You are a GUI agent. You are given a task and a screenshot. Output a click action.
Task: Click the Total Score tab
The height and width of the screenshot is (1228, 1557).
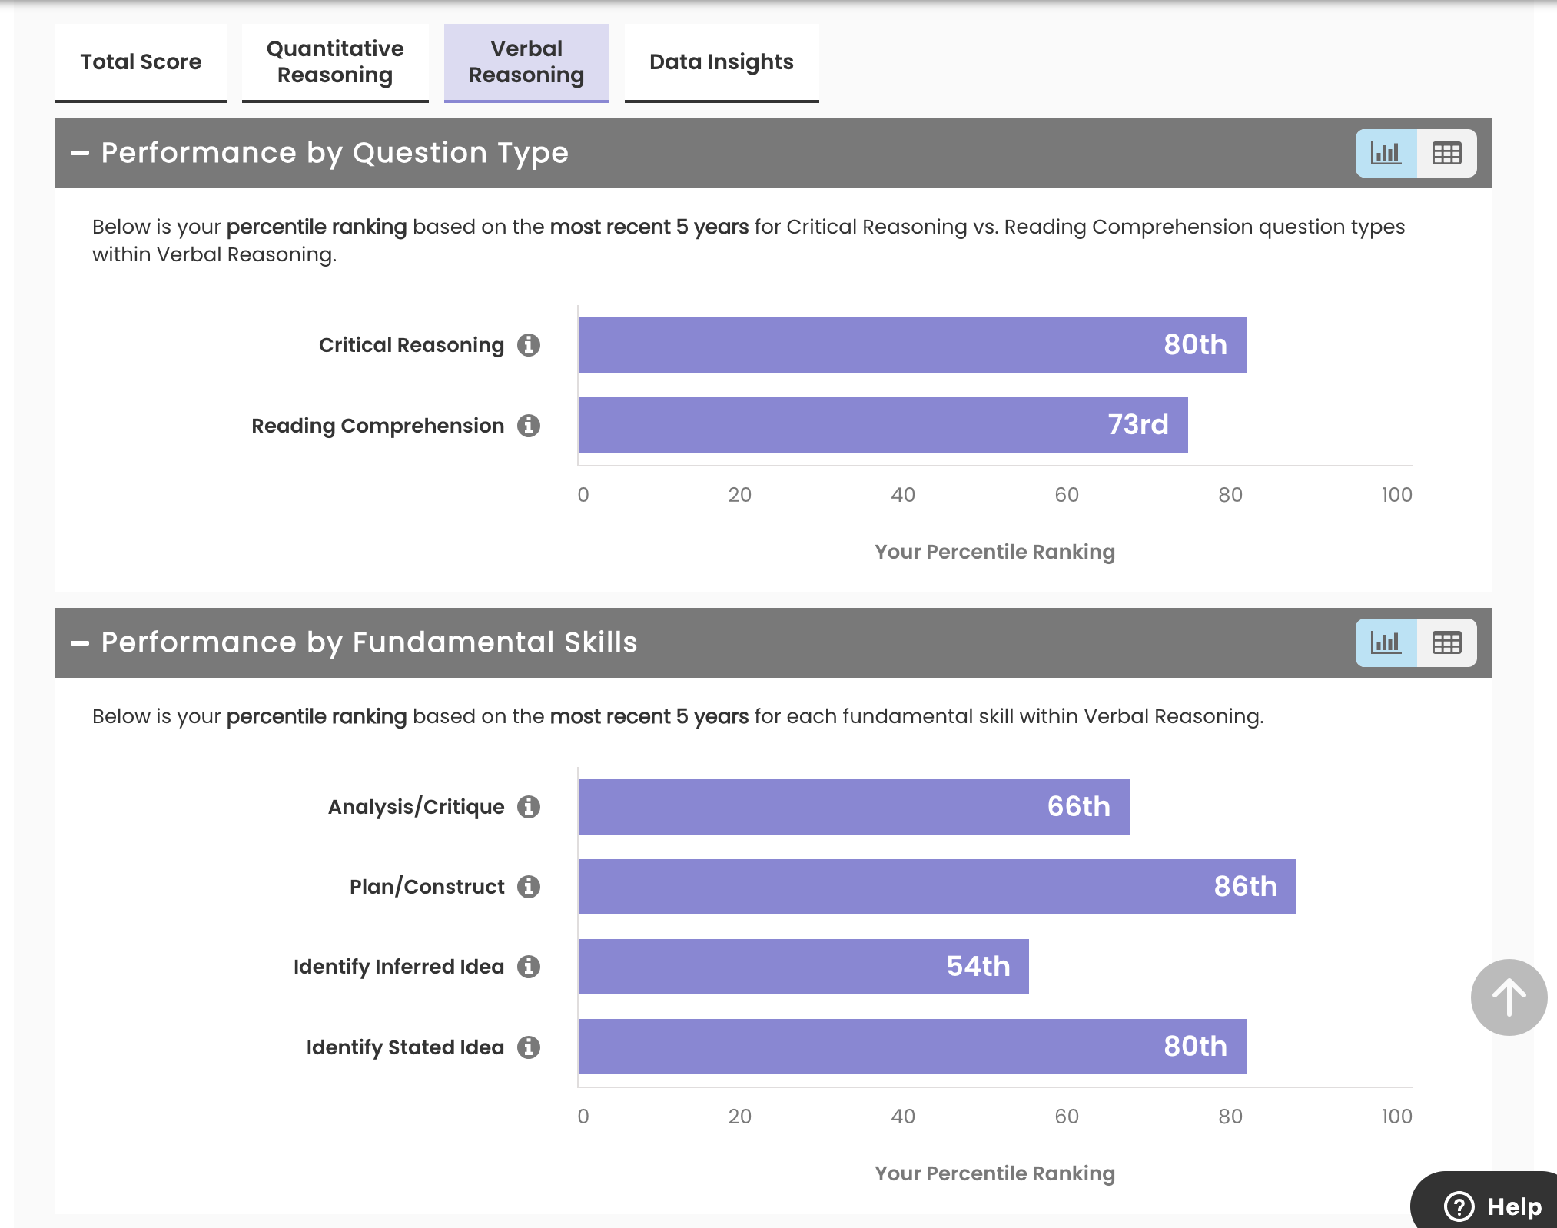[141, 62]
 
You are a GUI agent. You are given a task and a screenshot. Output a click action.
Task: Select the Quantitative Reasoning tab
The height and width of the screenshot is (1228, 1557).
[335, 62]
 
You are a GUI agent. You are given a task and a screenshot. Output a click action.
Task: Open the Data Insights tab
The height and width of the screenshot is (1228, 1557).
[721, 62]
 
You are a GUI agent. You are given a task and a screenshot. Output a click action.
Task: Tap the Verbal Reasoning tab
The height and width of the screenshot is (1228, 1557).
[526, 62]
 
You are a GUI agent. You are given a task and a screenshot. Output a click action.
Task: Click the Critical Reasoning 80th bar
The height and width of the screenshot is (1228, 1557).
[911, 345]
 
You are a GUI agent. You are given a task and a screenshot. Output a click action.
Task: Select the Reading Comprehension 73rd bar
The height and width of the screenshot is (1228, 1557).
[882, 425]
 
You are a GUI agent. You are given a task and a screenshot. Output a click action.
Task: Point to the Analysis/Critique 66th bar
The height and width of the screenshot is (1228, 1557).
[853, 807]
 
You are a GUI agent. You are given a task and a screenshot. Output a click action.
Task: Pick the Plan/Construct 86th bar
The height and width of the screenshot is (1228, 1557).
[937, 887]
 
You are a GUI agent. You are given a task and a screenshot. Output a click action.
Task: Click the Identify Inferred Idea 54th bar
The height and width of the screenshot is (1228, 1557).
[803, 967]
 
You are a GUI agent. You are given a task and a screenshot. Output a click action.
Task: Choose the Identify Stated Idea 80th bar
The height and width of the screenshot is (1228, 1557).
[911, 1047]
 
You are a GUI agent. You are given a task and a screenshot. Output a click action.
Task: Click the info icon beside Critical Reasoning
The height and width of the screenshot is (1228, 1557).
[529, 345]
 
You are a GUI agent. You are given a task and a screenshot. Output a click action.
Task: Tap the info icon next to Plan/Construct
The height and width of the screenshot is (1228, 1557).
[529, 887]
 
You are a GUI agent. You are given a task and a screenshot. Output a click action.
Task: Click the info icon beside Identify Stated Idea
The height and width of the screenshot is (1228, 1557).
[529, 1047]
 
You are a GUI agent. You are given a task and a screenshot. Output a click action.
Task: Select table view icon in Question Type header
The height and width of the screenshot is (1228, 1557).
[1446, 154]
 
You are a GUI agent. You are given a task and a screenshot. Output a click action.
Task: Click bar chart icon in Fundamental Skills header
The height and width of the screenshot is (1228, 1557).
[1386, 642]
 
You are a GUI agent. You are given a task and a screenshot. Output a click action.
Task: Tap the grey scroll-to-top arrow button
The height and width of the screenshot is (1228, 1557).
[1509, 997]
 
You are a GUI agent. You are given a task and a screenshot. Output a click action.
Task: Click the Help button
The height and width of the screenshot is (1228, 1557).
[1493, 1206]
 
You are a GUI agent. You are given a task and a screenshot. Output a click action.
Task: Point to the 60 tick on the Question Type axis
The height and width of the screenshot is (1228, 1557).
[1067, 495]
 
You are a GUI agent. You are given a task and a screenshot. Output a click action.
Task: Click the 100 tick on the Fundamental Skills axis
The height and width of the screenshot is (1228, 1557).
[1396, 1117]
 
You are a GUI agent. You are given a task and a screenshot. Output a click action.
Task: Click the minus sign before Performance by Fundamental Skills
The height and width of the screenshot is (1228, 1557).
[80, 643]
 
